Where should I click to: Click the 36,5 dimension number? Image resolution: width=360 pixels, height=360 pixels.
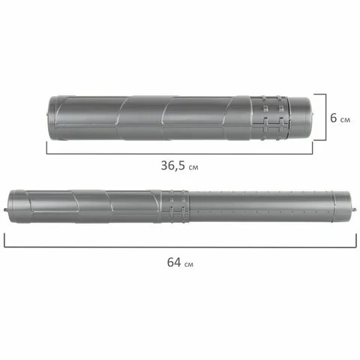tap(173, 166)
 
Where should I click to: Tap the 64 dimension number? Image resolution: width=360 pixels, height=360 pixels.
tap(174, 262)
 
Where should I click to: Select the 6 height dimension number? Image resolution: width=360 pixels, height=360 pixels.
tap(334, 118)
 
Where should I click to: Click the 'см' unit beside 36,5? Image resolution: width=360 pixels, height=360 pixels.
tap(193, 167)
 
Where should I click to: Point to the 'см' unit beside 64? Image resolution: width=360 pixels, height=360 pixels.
tap(189, 264)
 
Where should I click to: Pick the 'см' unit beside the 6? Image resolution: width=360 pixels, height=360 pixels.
tap(345, 120)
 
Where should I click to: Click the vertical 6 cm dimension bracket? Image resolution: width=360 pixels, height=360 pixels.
tap(325, 117)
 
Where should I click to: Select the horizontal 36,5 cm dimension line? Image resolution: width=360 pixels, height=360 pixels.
tap(179, 154)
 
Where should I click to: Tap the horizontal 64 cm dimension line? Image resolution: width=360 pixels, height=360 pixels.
tap(180, 247)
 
